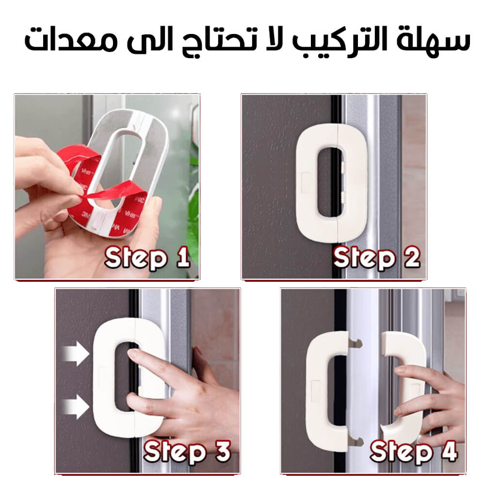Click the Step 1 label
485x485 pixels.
147,259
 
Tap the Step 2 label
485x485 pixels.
376,259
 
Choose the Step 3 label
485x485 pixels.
187,452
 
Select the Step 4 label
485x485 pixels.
414,452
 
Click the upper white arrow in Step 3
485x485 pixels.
76,354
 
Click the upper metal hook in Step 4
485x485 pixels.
355,343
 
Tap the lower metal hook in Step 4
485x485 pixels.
356,441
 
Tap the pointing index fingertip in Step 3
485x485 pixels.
133,354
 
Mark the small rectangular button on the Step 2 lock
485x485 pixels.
306,183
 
